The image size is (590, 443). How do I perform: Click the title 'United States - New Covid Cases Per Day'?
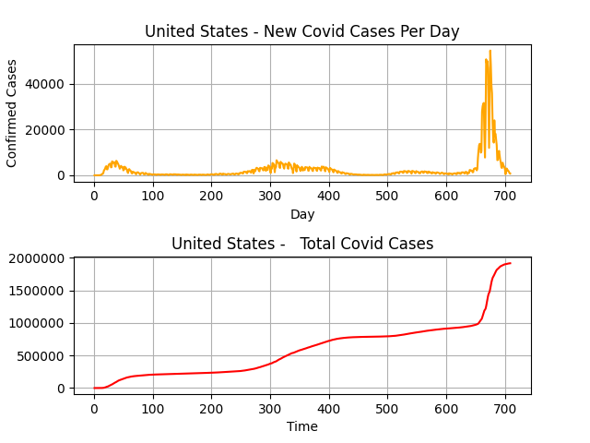(301, 31)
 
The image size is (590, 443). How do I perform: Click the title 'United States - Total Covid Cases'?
(301, 244)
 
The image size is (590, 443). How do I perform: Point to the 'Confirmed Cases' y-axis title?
(12, 113)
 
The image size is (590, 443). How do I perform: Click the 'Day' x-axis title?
(302, 214)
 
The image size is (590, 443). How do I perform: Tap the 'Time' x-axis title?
(302, 426)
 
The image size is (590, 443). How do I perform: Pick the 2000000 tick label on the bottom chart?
(37, 257)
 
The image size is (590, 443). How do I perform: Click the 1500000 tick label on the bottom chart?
(37, 291)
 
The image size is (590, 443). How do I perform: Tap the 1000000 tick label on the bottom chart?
(37, 323)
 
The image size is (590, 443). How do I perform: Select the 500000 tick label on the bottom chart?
(41, 356)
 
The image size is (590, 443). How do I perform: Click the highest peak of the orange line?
(490, 51)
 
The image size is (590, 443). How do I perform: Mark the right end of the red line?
(510, 263)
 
